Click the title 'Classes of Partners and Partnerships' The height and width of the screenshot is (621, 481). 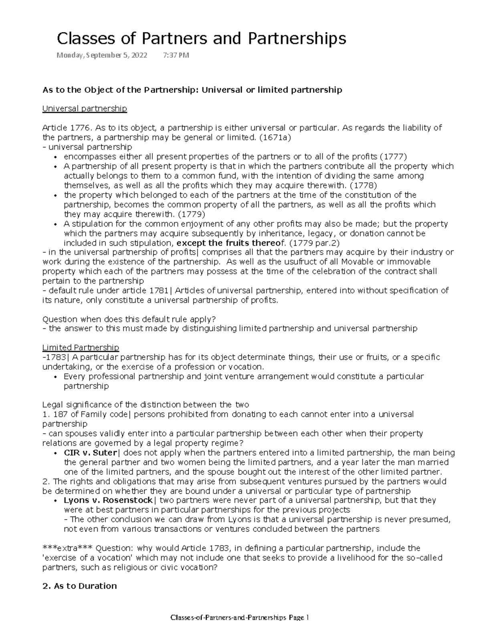pos(202,39)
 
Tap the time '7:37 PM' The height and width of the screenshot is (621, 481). pos(176,55)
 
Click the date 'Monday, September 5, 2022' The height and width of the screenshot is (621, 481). pos(102,55)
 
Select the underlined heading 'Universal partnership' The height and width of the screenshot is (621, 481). pos(85,109)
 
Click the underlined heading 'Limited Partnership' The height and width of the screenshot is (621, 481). pos(81,347)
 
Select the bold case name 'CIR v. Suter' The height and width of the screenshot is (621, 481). pos(90,453)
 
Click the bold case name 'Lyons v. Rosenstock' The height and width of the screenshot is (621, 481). pos(108,500)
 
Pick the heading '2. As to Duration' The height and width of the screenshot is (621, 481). pos(79,586)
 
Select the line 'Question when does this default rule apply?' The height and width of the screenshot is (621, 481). pos(129,319)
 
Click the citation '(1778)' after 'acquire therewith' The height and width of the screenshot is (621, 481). pos(363,185)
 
